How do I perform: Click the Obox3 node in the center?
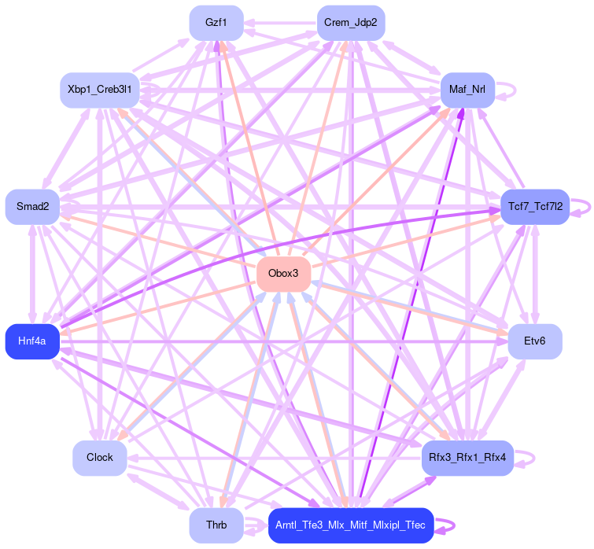point(283,274)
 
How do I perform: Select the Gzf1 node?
point(216,23)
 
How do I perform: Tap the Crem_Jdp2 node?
point(351,23)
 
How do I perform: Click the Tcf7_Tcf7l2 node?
point(535,207)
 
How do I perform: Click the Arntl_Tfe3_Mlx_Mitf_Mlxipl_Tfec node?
point(351,525)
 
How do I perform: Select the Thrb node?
point(216,525)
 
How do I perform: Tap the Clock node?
point(100,457)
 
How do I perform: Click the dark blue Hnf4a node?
point(32,341)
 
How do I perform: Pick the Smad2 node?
point(32,207)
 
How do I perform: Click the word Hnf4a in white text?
point(32,341)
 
